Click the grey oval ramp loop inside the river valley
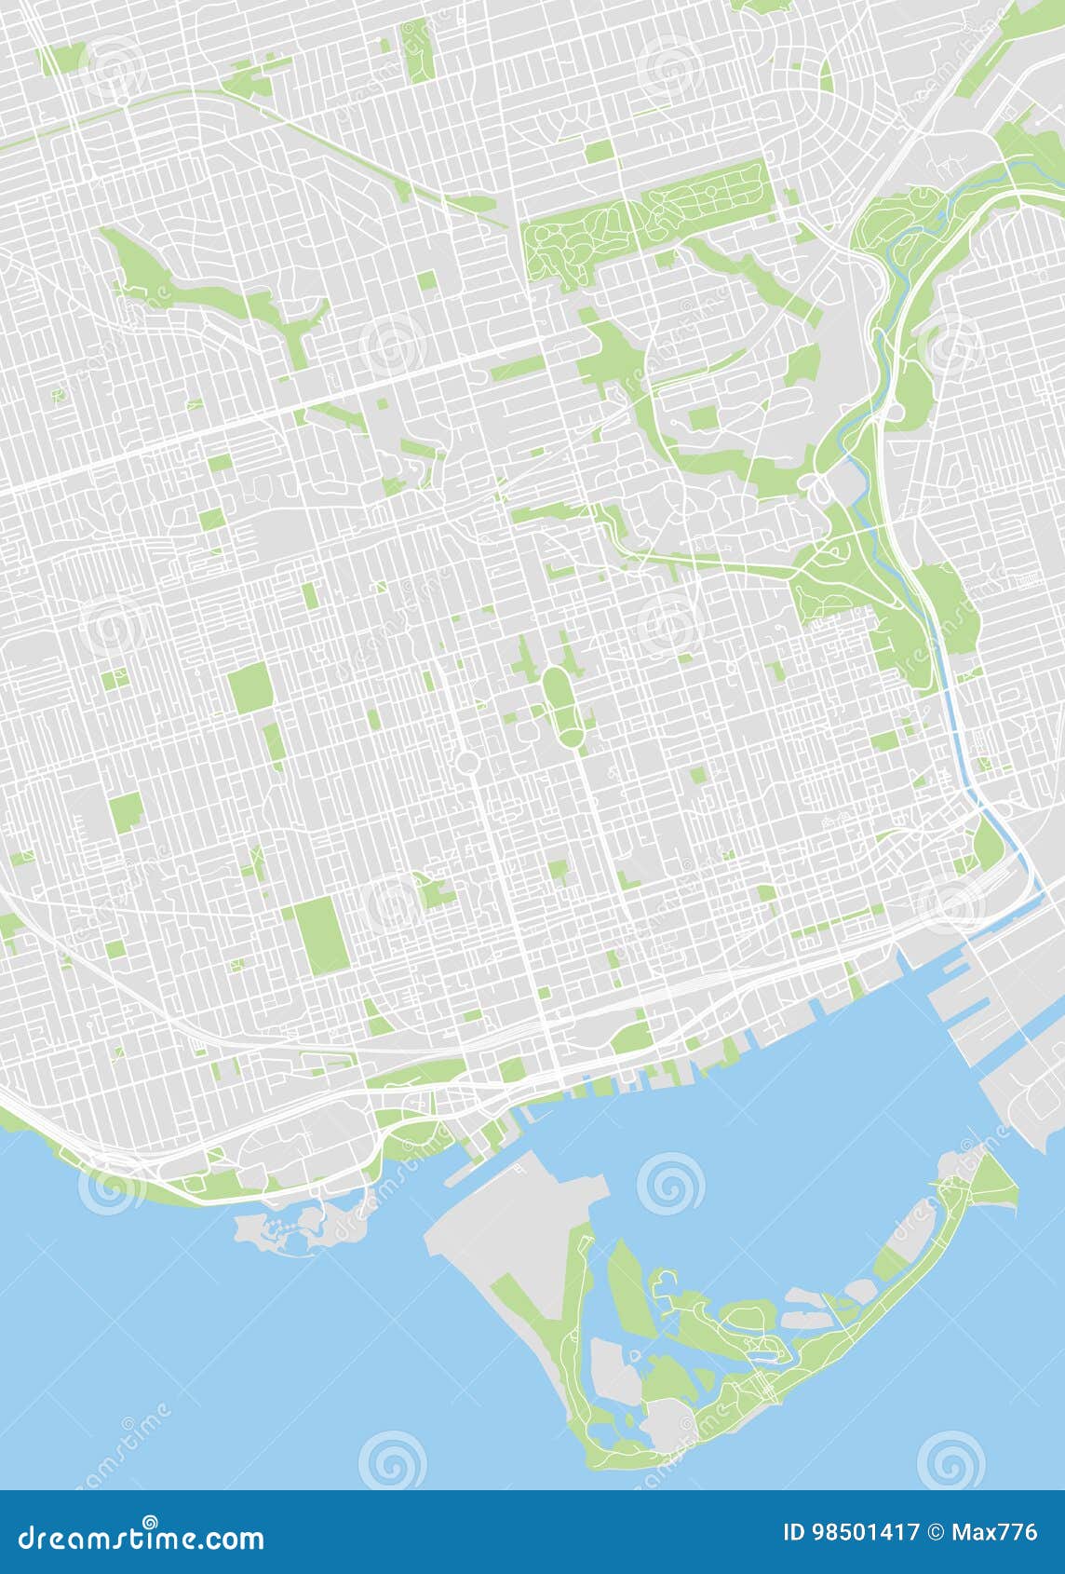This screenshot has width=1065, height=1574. tap(821, 488)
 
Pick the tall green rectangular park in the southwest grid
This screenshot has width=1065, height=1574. tap(322, 935)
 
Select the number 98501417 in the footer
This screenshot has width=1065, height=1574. tap(866, 1532)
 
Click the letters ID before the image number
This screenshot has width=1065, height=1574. tap(794, 1532)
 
